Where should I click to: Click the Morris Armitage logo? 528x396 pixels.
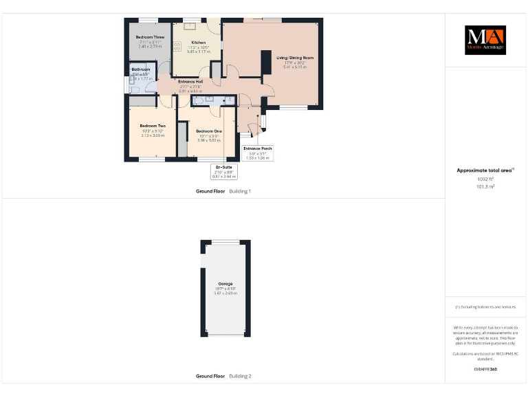pos(485,41)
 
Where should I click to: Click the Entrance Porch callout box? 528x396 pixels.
pos(258,153)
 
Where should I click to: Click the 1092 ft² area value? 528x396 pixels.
pos(485,179)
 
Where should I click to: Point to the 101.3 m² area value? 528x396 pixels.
pos(485,186)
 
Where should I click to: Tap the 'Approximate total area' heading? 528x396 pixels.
pos(485,170)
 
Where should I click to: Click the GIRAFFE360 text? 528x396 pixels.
pos(485,369)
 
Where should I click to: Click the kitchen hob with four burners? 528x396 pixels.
pos(177,47)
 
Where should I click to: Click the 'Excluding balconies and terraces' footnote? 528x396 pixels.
pos(485,307)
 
